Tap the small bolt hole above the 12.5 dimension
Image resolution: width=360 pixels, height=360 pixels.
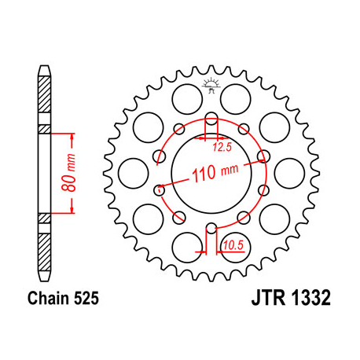(x=211, y=120)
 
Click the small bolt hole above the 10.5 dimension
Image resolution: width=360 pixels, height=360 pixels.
(x=211, y=229)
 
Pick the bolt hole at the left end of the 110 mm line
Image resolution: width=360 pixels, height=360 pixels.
(x=160, y=189)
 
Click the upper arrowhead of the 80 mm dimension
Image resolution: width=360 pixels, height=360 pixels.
(x=73, y=136)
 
